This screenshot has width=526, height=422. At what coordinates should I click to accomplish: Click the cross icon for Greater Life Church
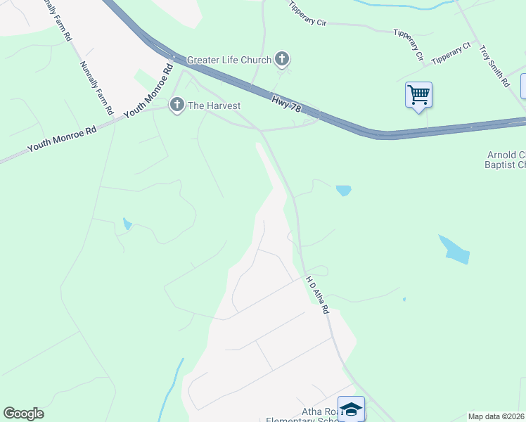pyautogui.click(x=282, y=59)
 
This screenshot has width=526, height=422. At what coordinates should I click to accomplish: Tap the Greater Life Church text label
pyautogui.click(x=229, y=60)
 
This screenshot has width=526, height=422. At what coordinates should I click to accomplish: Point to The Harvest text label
pyautogui.click(x=214, y=105)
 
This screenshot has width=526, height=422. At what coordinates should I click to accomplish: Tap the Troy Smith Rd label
pyautogui.click(x=494, y=66)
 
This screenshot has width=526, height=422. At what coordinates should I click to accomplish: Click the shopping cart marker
pyautogui.click(x=418, y=94)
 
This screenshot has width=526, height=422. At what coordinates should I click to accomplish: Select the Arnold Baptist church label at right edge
pyautogui.click(x=506, y=160)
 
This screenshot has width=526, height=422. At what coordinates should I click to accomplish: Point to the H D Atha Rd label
pyautogui.click(x=317, y=294)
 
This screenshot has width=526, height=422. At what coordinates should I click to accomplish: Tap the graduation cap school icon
pyautogui.click(x=351, y=408)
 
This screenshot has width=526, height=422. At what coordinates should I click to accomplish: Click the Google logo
pyautogui.click(x=23, y=414)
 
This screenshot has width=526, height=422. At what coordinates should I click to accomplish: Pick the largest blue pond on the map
pyautogui.click(x=454, y=250)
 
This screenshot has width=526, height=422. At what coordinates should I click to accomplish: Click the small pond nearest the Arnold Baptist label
pyautogui.click(x=343, y=190)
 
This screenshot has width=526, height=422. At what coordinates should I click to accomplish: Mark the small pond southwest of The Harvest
pyautogui.click(x=127, y=224)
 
